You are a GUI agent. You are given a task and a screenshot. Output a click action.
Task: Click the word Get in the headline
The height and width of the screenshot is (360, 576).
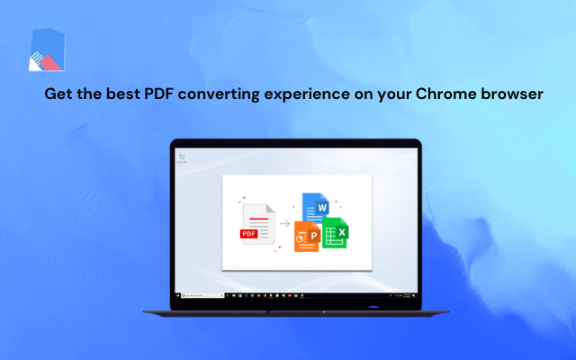59,94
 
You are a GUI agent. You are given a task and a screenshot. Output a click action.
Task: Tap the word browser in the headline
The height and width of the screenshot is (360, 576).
511,94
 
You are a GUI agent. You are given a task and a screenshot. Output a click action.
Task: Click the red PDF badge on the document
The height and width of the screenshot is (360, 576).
249,233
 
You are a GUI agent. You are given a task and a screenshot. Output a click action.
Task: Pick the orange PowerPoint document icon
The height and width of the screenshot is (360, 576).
307,235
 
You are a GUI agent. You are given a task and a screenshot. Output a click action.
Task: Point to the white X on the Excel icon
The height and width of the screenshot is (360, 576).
342,232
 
